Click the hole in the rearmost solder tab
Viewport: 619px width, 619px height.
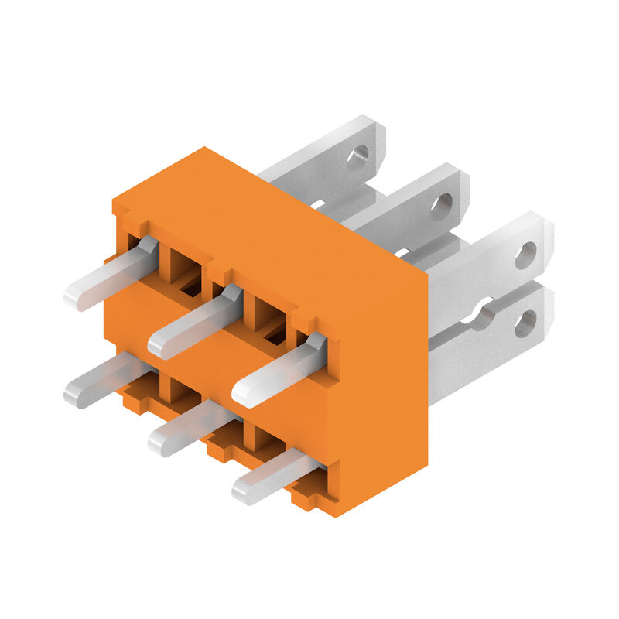pos(357,158)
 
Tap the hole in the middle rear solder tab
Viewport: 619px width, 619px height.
pos(441,206)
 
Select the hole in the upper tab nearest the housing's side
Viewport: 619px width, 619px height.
pos(525,255)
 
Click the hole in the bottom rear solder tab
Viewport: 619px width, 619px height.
pos(525,323)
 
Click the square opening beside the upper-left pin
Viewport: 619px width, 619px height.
pos(184,267)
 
